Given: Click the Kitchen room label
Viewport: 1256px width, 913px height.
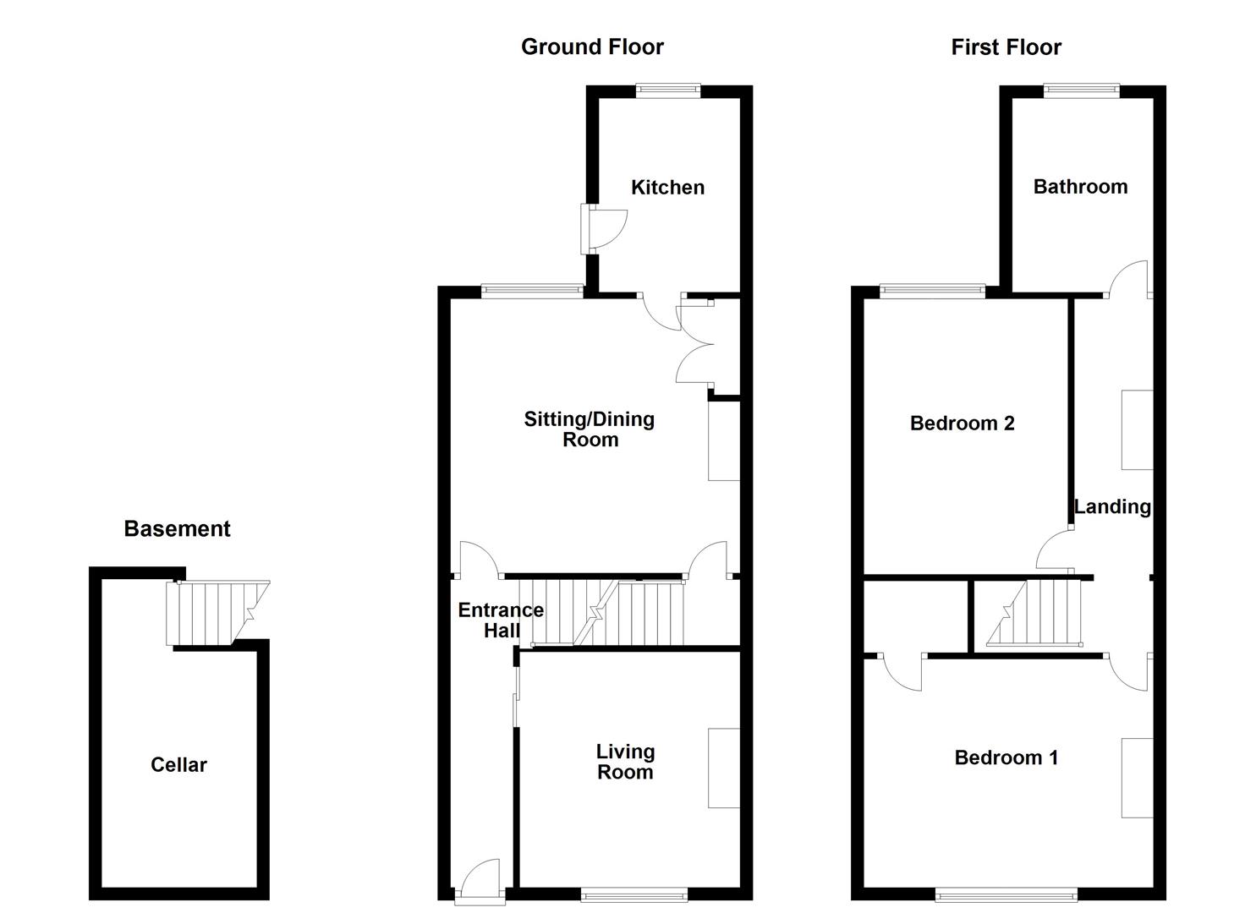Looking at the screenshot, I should [667, 188].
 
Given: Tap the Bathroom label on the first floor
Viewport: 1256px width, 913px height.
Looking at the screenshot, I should [1080, 187].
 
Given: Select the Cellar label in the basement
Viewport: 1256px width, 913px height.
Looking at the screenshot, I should [178, 765].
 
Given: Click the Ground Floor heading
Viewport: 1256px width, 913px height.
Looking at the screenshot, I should [592, 47].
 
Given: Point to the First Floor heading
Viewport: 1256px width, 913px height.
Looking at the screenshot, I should [1006, 47].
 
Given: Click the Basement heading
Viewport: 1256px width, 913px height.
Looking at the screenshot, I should [177, 529].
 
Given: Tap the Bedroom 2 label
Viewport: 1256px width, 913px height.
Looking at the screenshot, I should [962, 424].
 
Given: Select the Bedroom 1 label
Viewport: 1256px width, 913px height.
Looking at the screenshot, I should [1006, 757].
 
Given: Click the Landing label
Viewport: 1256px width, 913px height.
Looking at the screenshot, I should [1112, 506].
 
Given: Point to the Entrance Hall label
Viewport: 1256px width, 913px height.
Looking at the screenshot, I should [501, 620].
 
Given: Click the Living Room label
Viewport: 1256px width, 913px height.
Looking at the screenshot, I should [625, 762].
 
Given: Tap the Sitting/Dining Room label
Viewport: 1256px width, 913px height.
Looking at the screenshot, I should [590, 429].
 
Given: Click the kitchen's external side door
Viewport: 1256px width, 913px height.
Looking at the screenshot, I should [602, 228].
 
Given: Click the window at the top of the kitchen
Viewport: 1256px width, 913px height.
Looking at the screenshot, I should [668, 90].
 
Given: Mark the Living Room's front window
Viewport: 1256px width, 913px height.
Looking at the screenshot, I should [634, 893].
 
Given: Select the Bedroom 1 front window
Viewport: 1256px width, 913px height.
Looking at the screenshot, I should [1006, 893].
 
